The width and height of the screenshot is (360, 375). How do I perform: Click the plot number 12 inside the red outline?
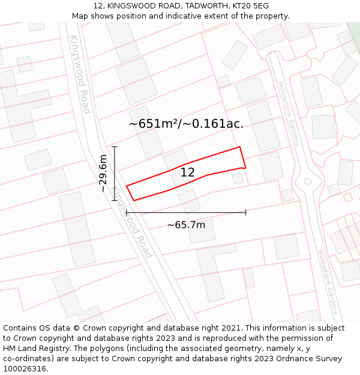[x=187, y=172]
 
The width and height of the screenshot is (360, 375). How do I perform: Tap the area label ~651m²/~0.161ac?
[x=186, y=124]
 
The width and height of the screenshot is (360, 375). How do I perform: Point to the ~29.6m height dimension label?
[x=103, y=173]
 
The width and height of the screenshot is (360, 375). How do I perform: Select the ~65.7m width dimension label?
[x=186, y=225]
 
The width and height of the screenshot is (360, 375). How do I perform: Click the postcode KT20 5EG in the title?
[x=252, y=6]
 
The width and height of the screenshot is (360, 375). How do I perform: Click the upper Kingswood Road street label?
[x=79, y=74]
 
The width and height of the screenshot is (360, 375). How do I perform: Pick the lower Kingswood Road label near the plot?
[x=133, y=222]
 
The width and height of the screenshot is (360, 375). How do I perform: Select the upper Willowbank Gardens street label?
[x=289, y=113]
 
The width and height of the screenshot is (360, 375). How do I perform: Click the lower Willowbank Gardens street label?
[x=328, y=282]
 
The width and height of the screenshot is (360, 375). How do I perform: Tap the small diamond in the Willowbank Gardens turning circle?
[x=308, y=181]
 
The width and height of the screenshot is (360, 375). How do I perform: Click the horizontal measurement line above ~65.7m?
[x=186, y=212]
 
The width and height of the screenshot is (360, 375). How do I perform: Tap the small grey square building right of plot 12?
[x=238, y=178]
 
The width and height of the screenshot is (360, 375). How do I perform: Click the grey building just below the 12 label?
[x=190, y=200]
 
